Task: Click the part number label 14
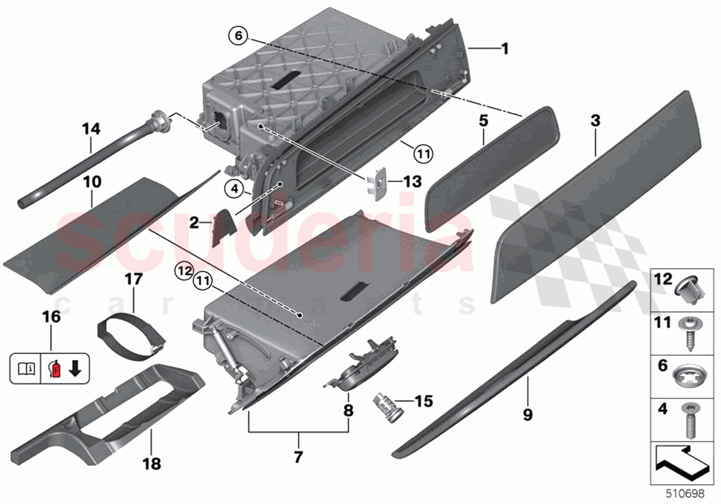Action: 91,128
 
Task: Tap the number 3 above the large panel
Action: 595,121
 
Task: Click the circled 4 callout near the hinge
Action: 233,187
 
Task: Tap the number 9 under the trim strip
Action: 527,414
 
